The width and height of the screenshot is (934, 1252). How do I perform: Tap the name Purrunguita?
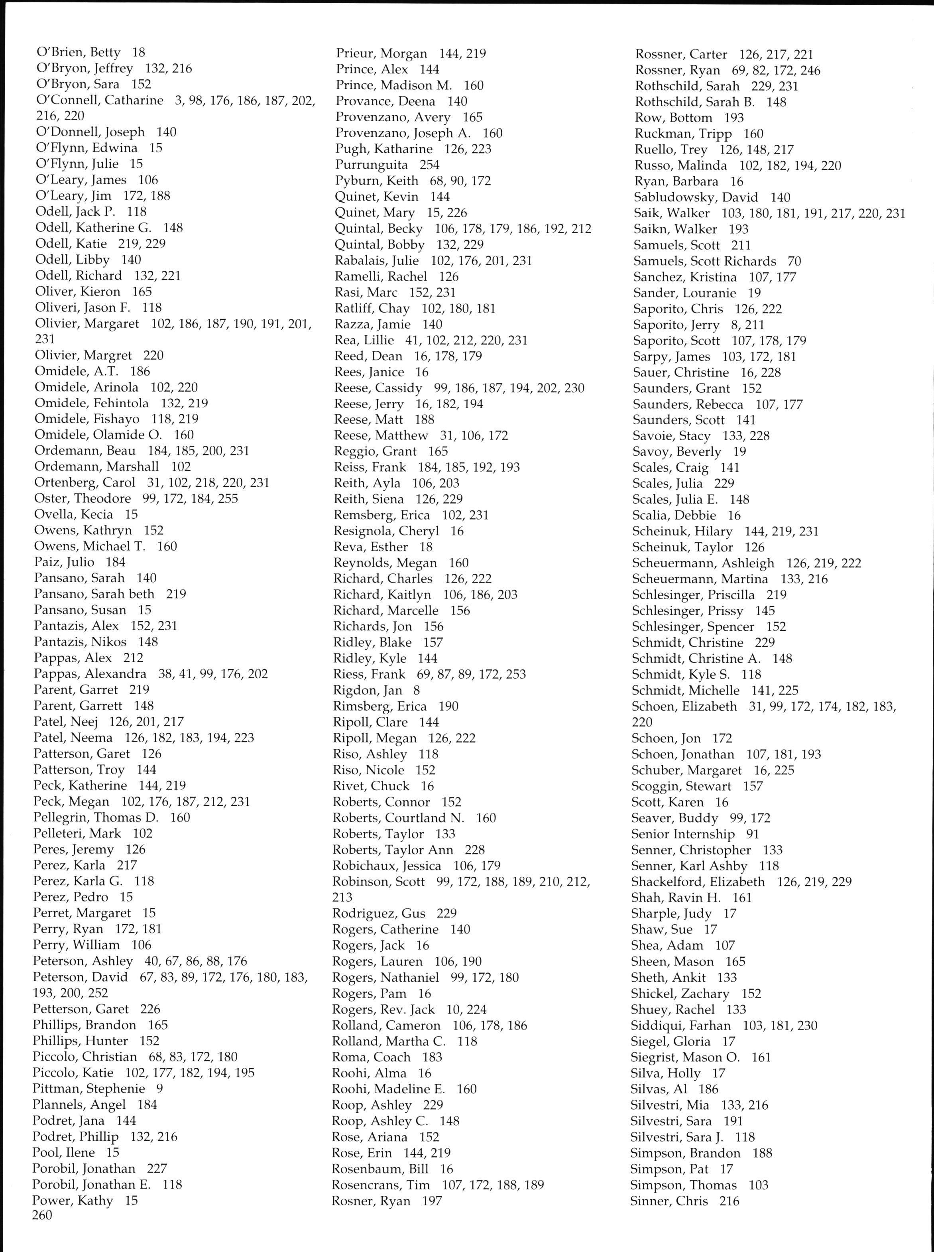(x=372, y=165)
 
